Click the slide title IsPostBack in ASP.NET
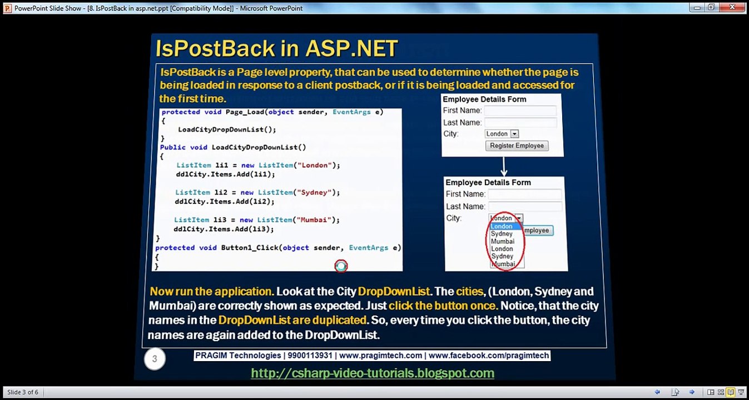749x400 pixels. coord(276,48)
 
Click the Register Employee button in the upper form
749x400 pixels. coord(517,146)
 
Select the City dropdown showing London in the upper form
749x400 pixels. coord(502,134)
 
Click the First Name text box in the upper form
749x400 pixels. coord(520,111)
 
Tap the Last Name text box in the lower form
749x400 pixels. coord(524,206)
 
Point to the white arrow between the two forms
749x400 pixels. coord(504,166)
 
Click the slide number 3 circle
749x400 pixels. coord(155,359)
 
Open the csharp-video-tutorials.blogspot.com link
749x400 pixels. coord(373,373)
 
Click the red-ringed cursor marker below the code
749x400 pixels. coord(341,266)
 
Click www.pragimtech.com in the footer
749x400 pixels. coord(380,356)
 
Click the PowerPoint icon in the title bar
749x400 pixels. coord(7,8)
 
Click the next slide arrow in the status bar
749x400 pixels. coord(692,392)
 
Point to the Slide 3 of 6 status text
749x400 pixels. coord(23,392)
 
